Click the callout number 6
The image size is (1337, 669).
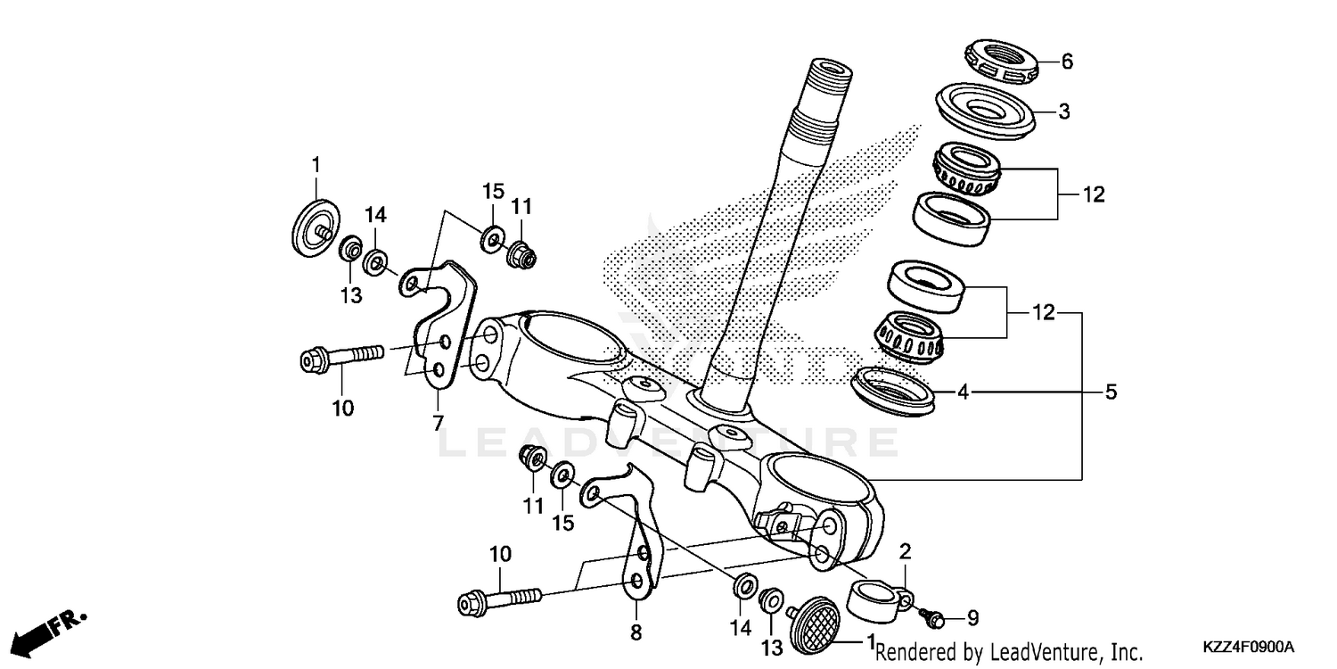pos(1067,62)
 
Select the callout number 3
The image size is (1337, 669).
pos(1063,111)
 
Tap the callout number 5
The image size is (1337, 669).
pos(1111,392)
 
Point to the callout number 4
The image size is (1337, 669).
pos(963,390)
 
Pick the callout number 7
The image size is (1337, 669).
pos(438,424)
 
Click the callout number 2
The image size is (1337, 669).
pos(905,549)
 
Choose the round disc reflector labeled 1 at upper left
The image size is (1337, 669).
pos(311,227)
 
